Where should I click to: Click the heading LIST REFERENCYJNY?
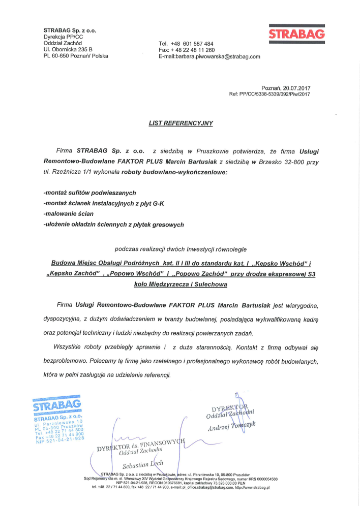pyautogui.click(x=180, y=123)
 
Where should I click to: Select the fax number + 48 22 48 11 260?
pyautogui.click(x=194, y=50)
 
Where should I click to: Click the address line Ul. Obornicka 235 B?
pyautogui.click(x=68, y=49)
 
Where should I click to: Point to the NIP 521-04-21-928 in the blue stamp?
pyautogui.click(x=60, y=440)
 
